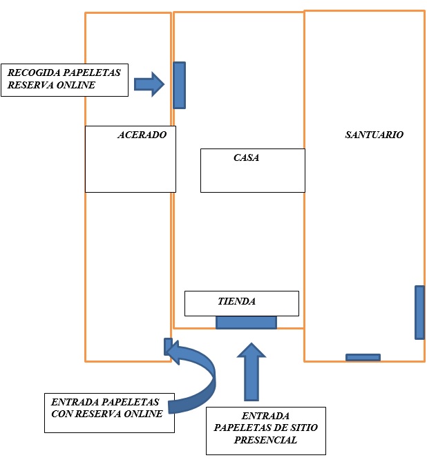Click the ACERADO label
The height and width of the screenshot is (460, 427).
[142, 135]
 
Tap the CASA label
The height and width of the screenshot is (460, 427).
[246, 158]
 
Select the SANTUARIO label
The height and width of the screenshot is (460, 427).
[374, 135]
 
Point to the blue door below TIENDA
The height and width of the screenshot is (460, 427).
[246, 322]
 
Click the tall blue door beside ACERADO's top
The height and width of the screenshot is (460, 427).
[179, 85]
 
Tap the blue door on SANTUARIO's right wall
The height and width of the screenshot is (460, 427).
[419, 312]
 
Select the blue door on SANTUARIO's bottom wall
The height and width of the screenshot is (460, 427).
[363, 357]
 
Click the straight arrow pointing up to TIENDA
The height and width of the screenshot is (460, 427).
[251, 373]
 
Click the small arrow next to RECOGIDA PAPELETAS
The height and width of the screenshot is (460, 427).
[149, 84]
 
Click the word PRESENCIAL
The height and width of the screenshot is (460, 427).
[265, 441]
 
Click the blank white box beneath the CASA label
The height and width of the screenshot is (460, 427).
[252, 178]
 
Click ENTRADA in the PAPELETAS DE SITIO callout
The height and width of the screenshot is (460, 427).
[265, 416]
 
